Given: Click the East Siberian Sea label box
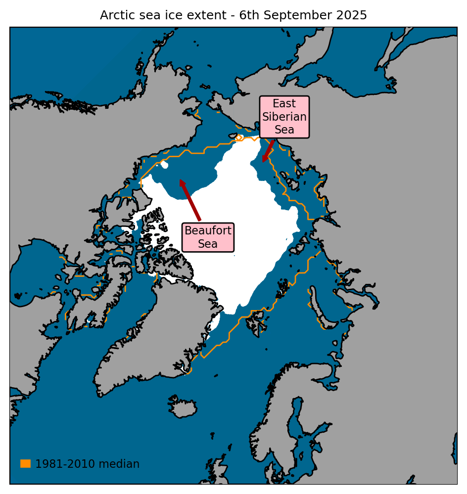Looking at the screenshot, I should point(284,117).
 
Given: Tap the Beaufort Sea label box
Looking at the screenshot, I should point(208,237).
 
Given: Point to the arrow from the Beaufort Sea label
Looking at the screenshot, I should point(190,200).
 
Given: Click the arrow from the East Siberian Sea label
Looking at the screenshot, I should point(269,151).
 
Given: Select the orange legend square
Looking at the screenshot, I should point(25,463).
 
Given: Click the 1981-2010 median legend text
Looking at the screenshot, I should point(87,464).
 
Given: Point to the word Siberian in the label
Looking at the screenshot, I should point(284,117).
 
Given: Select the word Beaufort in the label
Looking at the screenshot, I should point(208,231).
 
